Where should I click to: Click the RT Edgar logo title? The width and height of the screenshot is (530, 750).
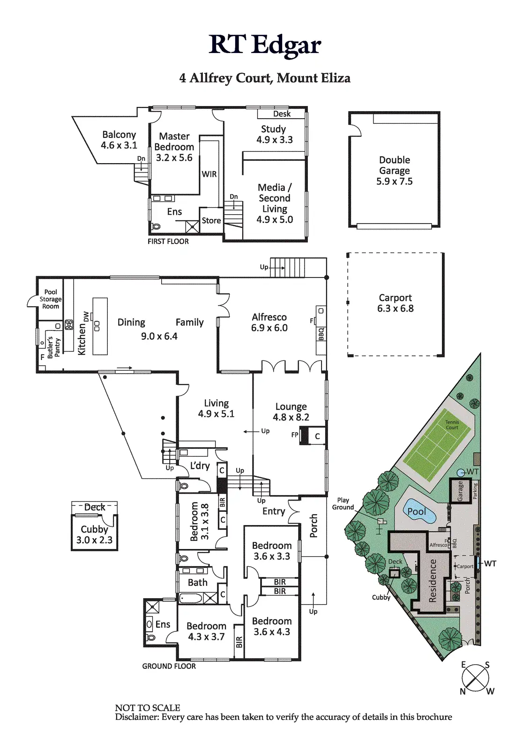(x=265, y=45)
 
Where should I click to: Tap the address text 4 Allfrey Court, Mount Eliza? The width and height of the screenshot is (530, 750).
(x=265, y=78)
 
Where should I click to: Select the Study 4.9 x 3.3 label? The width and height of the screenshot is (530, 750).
(x=274, y=134)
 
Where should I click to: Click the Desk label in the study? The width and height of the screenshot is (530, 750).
(x=282, y=114)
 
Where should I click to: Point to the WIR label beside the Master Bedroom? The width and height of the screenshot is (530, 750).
(x=209, y=174)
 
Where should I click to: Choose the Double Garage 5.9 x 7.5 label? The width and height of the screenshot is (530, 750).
(x=395, y=171)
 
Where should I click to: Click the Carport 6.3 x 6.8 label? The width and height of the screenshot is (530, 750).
(x=396, y=303)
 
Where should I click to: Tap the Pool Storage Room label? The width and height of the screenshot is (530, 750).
(x=51, y=299)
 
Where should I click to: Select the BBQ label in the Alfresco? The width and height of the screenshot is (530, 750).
(x=321, y=334)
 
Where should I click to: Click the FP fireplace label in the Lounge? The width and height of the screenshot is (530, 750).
(x=295, y=435)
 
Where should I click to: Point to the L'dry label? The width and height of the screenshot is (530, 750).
(x=200, y=465)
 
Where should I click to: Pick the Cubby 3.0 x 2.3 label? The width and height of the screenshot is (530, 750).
(x=94, y=534)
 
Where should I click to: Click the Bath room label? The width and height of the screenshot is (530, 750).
(x=197, y=582)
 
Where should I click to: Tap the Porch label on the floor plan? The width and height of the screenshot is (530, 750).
(x=314, y=525)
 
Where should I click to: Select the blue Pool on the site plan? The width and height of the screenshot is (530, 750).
(x=417, y=512)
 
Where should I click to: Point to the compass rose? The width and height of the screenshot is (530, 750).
(x=476, y=678)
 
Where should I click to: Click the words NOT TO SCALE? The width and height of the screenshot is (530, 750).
(x=148, y=708)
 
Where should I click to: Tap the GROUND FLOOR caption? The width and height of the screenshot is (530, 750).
(x=169, y=666)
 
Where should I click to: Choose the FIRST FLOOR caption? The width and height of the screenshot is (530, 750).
(x=168, y=241)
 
